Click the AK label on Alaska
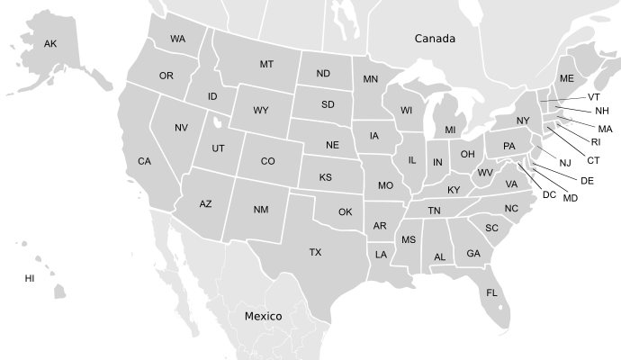click(x=50, y=43)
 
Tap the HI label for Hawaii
click(x=30, y=279)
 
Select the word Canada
click(x=435, y=39)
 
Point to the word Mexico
click(x=264, y=316)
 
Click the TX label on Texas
click(x=315, y=252)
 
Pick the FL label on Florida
click(x=491, y=292)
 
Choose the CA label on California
click(x=144, y=161)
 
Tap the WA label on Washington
click(x=177, y=39)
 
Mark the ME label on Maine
click(x=566, y=78)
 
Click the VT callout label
click(x=594, y=96)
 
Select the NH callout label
click(x=601, y=111)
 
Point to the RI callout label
click(x=596, y=141)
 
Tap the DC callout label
click(x=549, y=194)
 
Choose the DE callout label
click(x=587, y=181)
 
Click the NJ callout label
click(x=565, y=163)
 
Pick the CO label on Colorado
click(x=267, y=161)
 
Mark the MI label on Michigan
click(x=450, y=130)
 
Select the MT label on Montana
click(x=266, y=64)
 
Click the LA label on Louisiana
click(x=381, y=255)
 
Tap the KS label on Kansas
click(x=325, y=177)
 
